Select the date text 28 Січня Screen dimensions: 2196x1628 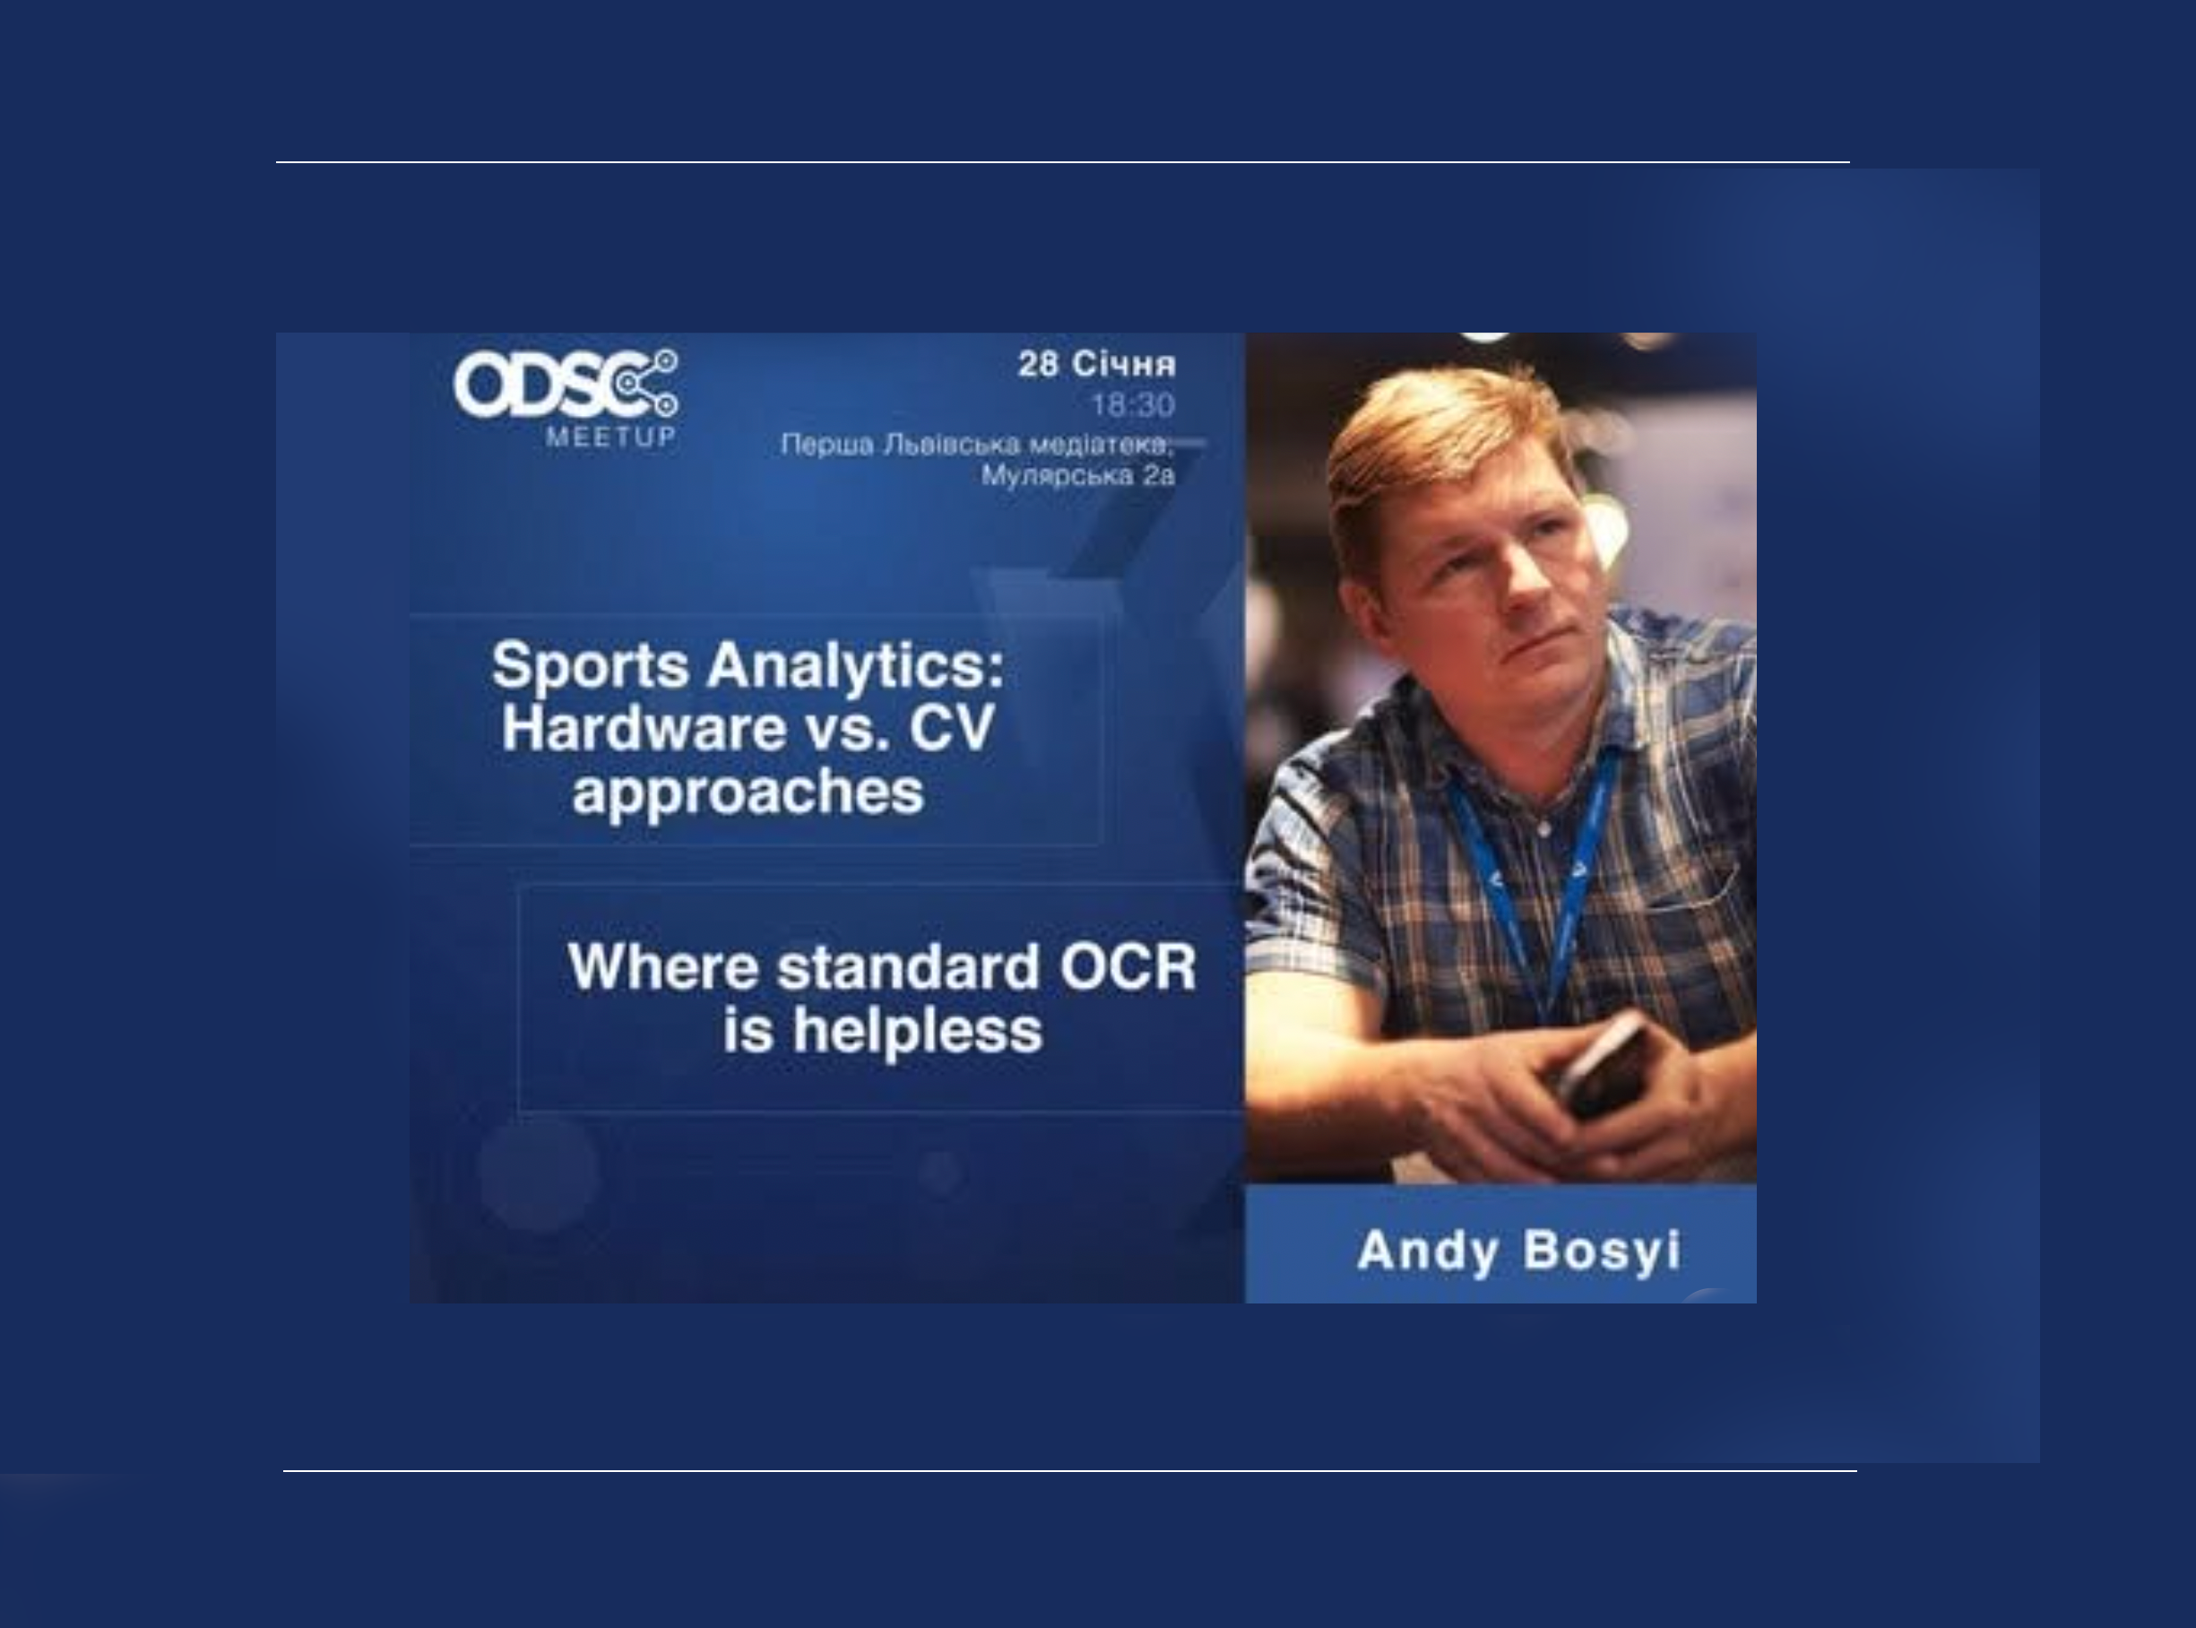[x=1096, y=365]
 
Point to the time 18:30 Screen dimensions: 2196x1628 [x=1133, y=405]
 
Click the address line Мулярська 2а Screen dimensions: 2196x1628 [x=1077, y=476]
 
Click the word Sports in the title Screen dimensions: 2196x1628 [x=590, y=666]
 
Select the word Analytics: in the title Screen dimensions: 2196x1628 [x=856, y=666]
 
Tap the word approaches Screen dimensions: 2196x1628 [x=748, y=793]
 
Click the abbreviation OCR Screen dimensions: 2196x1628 [x=1128, y=966]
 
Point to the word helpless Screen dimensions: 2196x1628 [x=917, y=1032]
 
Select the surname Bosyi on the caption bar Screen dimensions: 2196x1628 [x=1602, y=1252]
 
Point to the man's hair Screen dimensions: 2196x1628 [x=1448, y=434]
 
